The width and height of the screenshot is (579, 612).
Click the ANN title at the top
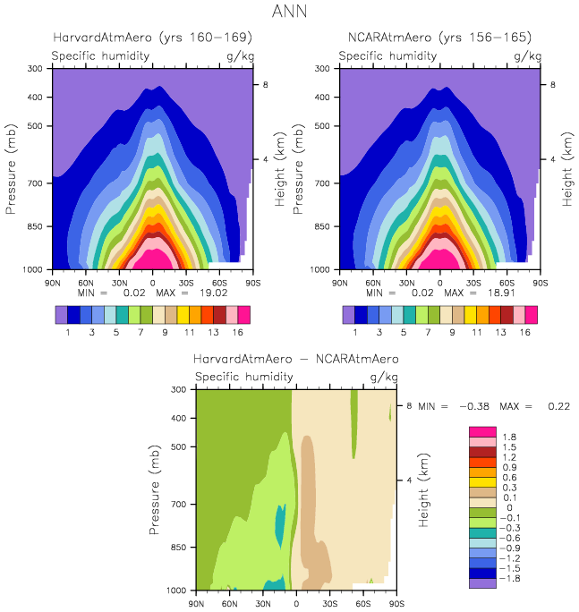click(x=289, y=12)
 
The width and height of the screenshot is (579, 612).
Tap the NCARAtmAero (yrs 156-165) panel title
click(x=439, y=38)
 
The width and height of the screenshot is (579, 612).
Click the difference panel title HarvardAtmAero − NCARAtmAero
click(x=296, y=359)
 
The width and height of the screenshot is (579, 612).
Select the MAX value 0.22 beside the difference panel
click(x=557, y=406)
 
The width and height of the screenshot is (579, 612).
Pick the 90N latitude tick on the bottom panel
click(x=196, y=605)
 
